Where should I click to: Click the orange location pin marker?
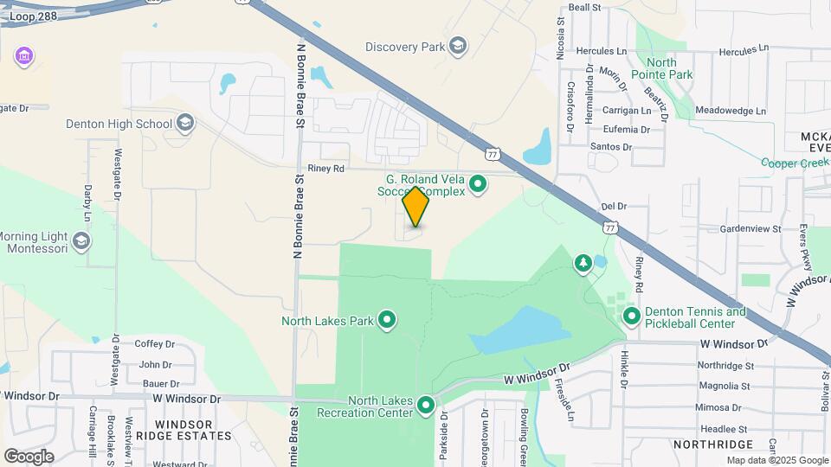[x=416, y=206]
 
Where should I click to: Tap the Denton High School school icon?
[x=184, y=124]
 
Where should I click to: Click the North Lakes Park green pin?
[x=387, y=321]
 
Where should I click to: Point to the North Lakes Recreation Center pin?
[x=425, y=405]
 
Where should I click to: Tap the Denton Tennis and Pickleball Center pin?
[x=632, y=317]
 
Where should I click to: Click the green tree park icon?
[x=583, y=262]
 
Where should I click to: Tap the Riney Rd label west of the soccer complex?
[x=326, y=169]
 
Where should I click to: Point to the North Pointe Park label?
[x=672, y=68]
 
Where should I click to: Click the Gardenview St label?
[x=750, y=229]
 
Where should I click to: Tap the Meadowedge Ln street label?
[x=731, y=111]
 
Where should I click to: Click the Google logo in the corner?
[x=29, y=456]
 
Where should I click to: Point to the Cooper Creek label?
[x=795, y=162]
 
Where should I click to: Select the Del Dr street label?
[x=612, y=207]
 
